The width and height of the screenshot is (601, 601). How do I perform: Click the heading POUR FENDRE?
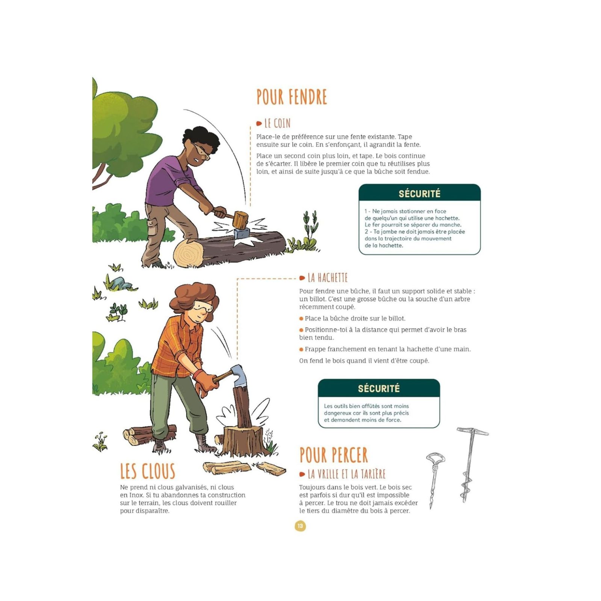(292, 97)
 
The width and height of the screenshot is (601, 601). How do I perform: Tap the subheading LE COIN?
(277, 123)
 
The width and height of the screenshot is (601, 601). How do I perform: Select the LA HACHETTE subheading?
(328, 278)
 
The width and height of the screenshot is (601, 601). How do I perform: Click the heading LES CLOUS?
(148, 471)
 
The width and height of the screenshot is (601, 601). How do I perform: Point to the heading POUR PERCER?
(334, 455)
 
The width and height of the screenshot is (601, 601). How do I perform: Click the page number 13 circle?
(300, 526)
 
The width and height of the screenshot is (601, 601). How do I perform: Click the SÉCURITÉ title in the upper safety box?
(420, 194)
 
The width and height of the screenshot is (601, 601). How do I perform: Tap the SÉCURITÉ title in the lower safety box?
(379, 388)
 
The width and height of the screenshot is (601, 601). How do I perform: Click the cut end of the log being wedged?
(188, 254)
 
